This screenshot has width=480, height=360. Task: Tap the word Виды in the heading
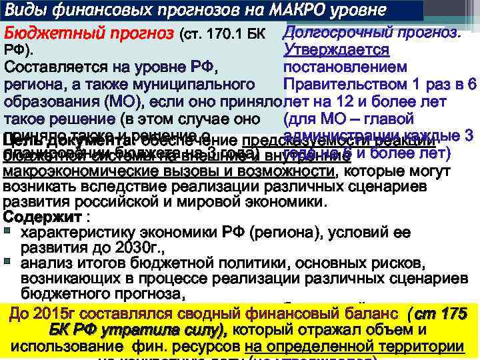pyautogui.click(x=25, y=11)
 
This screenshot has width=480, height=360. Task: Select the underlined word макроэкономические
pyautogui.click(x=77, y=172)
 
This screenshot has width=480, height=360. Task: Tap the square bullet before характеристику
pyautogui.click(x=7, y=232)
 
